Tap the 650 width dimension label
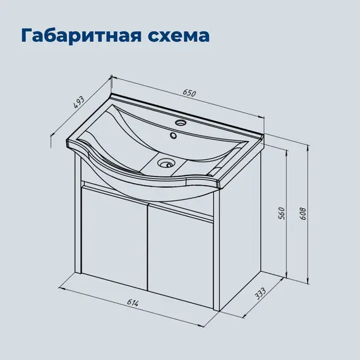coord(189,93)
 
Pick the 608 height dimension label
coord(303,214)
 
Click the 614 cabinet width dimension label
coord(133,303)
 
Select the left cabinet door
coord(114,240)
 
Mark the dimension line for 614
coord(139,309)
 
